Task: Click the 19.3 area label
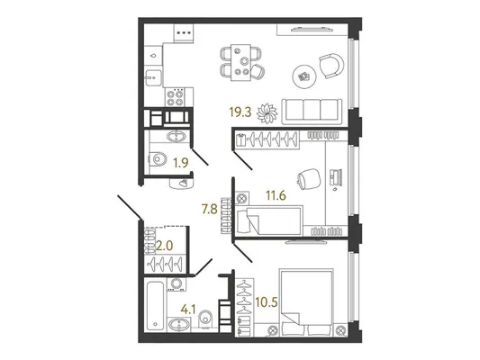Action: coord(240,112)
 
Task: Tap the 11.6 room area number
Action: coord(276,194)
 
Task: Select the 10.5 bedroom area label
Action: coord(266,302)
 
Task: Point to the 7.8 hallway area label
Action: coord(210,210)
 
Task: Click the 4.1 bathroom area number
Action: coord(188,310)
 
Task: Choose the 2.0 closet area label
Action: coord(165,246)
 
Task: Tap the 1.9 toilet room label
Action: coord(181,164)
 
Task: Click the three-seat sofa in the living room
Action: coord(312,112)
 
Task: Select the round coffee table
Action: coord(304,76)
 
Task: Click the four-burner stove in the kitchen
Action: coord(175,97)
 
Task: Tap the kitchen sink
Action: coord(153,77)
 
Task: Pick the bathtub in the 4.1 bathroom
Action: coord(155,306)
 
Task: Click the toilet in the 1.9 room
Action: coord(158,159)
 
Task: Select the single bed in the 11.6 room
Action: coord(269,220)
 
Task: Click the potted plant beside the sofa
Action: coord(267,113)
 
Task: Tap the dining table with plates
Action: coord(241,63)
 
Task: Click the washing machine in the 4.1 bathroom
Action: coord(177,283)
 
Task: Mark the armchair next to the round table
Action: coord(331,66)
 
